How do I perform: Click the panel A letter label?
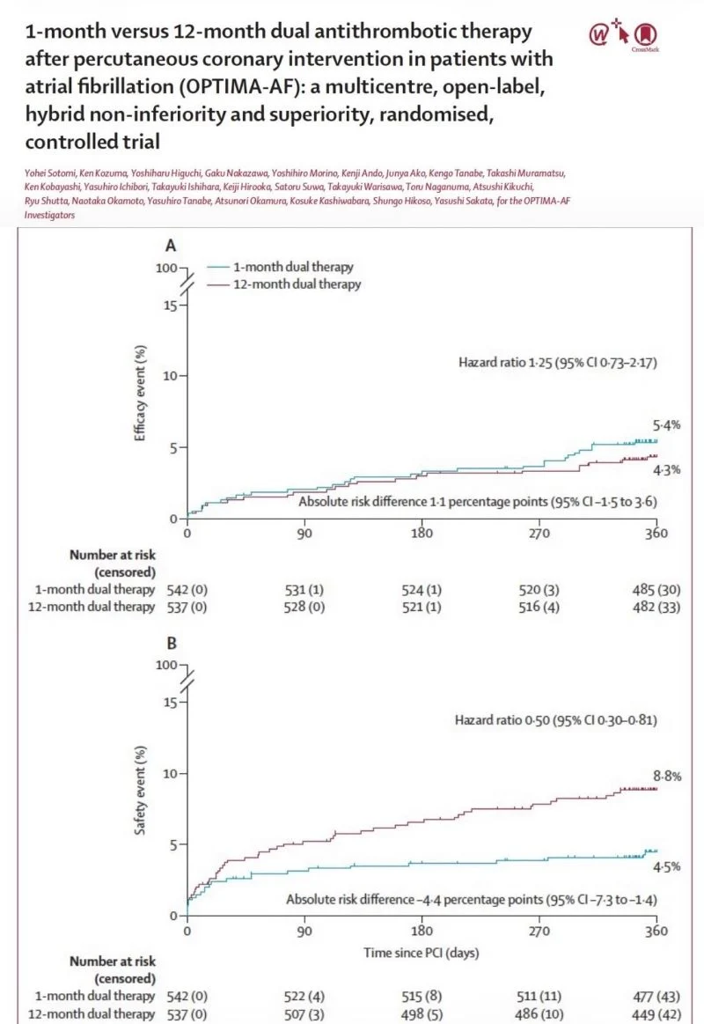(x=171, y=246)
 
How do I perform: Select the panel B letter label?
(x=172, y=644)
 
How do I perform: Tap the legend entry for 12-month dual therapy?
(x=284, y=284)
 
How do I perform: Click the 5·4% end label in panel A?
(x=666, y=425)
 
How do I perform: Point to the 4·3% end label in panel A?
(x=666, y=469)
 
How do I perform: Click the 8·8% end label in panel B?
(x=667, y=776)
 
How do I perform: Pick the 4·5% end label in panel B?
(x=666, y=866)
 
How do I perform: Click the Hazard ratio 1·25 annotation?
(x=558, y=363)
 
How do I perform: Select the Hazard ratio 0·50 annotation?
(x=556, y=720)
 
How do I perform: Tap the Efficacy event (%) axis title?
(x=140, y=393)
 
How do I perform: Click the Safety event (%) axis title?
(x=140, y=790)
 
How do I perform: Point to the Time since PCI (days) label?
(x=422, y=953)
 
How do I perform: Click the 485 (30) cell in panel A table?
(x=656, y=590)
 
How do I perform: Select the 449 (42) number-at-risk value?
(x=656, y=1014)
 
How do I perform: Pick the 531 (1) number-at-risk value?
(x=304, y=590)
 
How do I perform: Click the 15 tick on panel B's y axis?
(x=170, y=703)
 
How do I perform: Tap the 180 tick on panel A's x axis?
(x=422, y=533)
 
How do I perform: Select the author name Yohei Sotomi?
(x=49, y=173)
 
